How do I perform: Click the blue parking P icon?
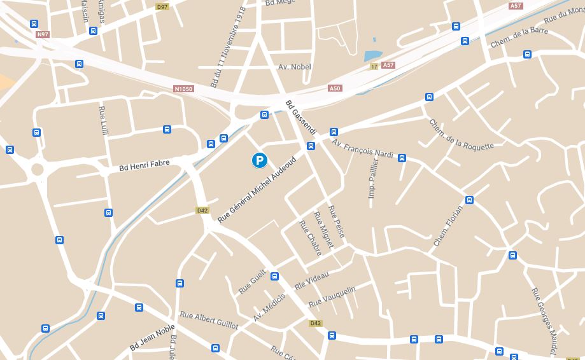259,161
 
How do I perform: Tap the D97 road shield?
162,6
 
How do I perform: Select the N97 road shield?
43,34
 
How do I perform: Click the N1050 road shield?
183,89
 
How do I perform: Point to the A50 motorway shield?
335,88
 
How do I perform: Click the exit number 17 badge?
374,66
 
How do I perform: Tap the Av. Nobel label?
295,67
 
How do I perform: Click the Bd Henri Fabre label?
144,165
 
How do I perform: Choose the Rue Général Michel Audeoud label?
257,189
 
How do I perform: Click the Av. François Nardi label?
363,149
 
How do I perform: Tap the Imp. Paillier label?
372,179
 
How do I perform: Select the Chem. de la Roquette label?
461,135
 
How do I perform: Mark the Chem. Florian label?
448,226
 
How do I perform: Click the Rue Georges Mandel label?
544,321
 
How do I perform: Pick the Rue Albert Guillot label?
209,320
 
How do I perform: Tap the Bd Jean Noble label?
152,338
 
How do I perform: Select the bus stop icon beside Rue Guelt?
274,276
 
